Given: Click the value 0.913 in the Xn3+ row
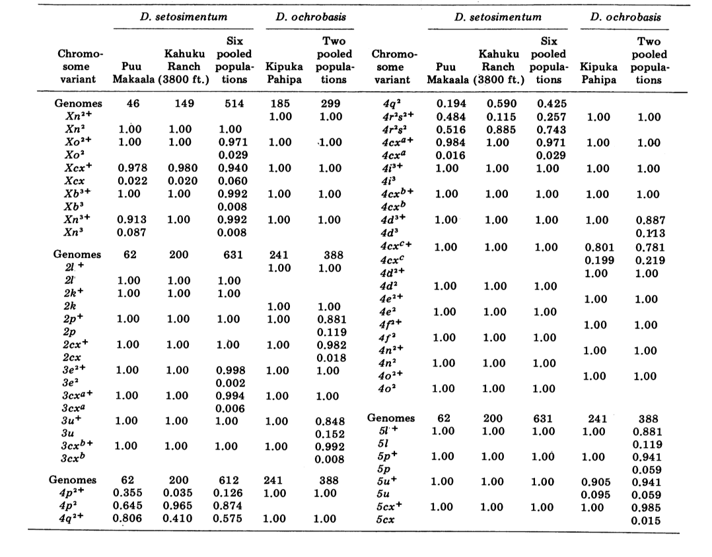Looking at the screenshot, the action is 131,220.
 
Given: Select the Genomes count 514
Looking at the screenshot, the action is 234,104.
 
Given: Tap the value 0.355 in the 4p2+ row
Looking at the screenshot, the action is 127,492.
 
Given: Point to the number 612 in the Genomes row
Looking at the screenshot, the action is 229,480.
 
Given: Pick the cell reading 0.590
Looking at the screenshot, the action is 502,104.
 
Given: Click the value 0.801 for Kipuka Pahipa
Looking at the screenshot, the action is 600,247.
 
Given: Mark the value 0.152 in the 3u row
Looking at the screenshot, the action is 330,434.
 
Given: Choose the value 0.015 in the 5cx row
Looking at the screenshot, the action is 646,520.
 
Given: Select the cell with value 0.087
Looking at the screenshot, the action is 131,232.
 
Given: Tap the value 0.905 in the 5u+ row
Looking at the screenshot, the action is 596,482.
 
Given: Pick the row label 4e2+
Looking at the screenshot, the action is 391,298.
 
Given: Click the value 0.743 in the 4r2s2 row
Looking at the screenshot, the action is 552,129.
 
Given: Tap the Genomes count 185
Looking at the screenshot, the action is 280,104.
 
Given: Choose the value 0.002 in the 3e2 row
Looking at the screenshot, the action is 231,383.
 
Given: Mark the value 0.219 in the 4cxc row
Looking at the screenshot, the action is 650,261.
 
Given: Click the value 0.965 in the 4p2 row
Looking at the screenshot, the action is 178,506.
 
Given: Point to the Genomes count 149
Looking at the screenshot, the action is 184,104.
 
